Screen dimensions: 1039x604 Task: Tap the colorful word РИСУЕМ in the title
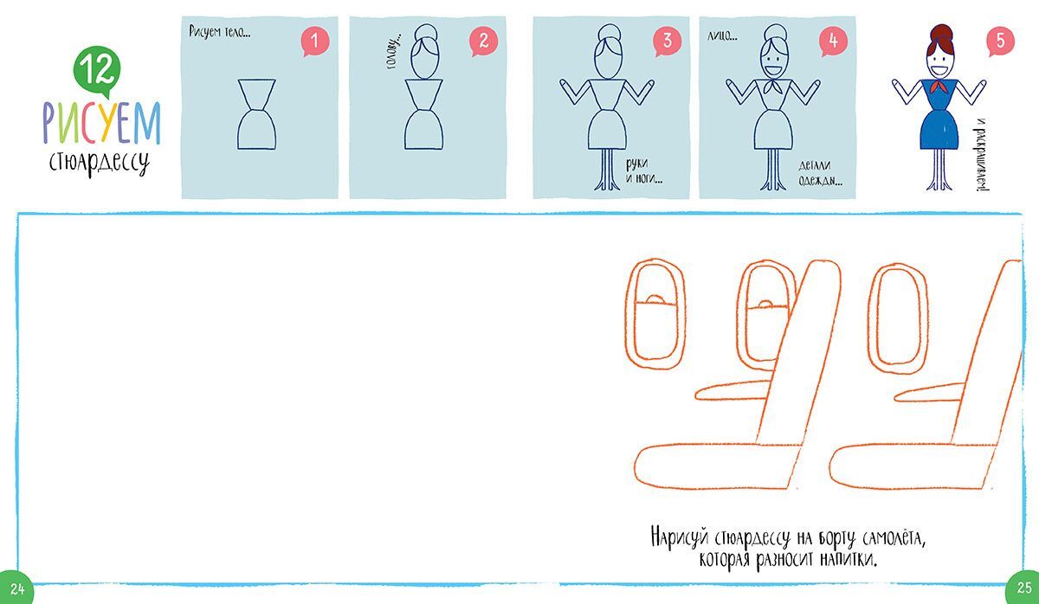click(x=101, y=122)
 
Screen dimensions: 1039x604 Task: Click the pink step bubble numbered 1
click(x=315, y=42)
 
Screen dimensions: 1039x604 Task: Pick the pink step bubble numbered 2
click(x=483, y=42)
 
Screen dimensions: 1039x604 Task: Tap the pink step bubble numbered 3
click(x=667, y=42)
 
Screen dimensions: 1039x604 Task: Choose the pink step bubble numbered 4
click(x=833, y=42)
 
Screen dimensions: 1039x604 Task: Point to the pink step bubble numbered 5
click(x=1000, y=42)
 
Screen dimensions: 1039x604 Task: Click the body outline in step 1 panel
click(x=256, y=114)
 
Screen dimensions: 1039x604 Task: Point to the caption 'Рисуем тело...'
click(x=220, y=32)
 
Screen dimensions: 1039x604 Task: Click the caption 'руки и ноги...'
click(x=644, y=171)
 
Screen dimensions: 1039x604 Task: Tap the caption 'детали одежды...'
click(x=820, y=173)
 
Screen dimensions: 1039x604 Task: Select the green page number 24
click(x=16, y=588)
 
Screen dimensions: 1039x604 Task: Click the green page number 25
click(x=1023, y=588)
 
